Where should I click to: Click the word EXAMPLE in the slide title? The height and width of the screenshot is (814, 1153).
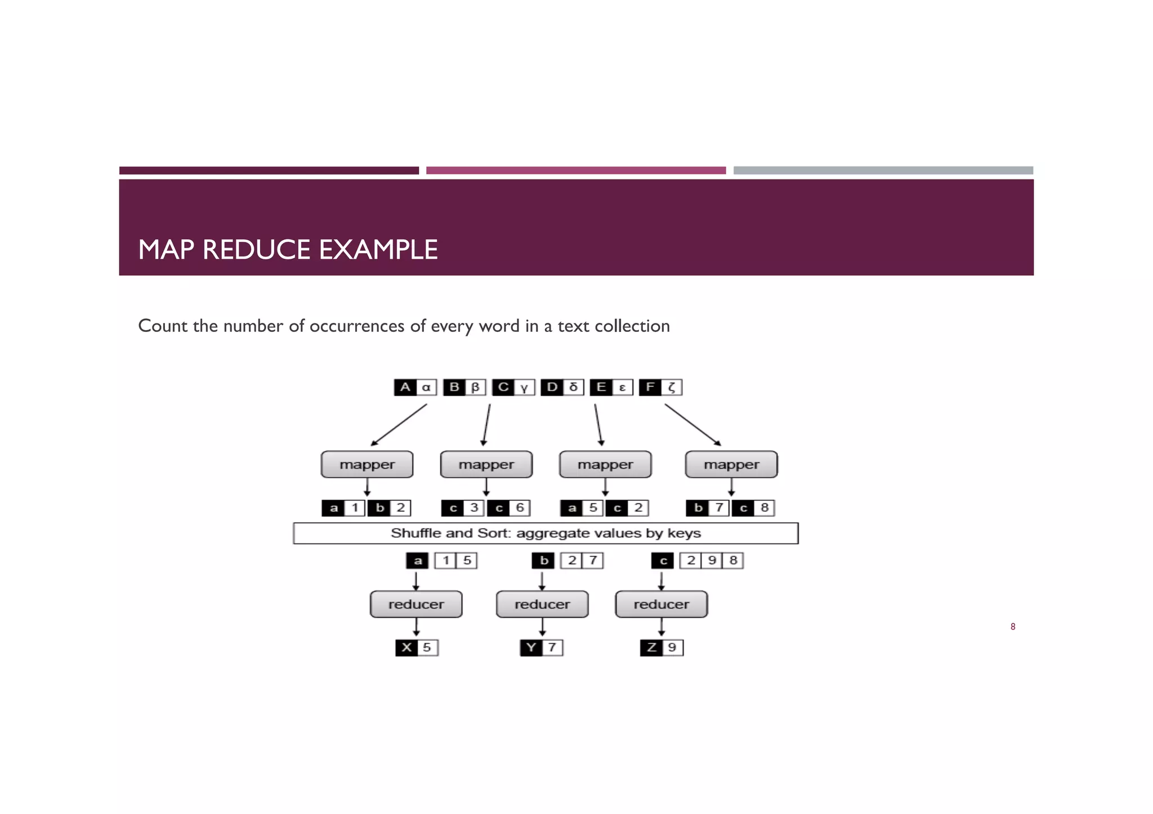(x=378, y=250)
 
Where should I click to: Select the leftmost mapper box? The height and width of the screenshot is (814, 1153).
(x=367, y=465)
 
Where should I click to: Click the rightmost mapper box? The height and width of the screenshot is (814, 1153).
(x=731, y=465)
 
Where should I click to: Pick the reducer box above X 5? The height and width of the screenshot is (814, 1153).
(x=416, y=604)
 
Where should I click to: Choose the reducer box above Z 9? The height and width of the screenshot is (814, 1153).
(x=662, y=604)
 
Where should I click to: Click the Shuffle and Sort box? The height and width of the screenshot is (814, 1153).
(x=546, y=533)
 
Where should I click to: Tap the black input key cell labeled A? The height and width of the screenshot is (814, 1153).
(x=405, y=387)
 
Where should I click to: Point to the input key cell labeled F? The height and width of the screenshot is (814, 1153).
(x=650, y=387)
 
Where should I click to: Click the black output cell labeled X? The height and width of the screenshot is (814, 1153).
(x=406, y=647)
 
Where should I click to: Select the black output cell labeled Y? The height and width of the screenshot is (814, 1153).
(x=531, y=647)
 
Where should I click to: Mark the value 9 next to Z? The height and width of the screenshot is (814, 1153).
(x=672, y=647)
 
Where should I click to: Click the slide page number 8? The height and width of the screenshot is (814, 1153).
(x=1013, y=627)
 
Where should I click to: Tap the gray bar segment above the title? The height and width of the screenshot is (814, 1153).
(x=883, y=170)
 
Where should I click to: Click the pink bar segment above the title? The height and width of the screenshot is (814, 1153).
(x=575, y=170)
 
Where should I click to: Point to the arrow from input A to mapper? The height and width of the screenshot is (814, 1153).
(x=398, y=425)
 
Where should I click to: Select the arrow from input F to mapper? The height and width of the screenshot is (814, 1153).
(x=693, y=425)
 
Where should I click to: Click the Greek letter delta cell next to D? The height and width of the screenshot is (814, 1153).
(x=574, y=387)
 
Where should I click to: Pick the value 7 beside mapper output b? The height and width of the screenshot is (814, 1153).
(x=719, y=508)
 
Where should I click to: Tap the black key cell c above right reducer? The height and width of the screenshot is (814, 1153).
(x=663, y=561)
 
